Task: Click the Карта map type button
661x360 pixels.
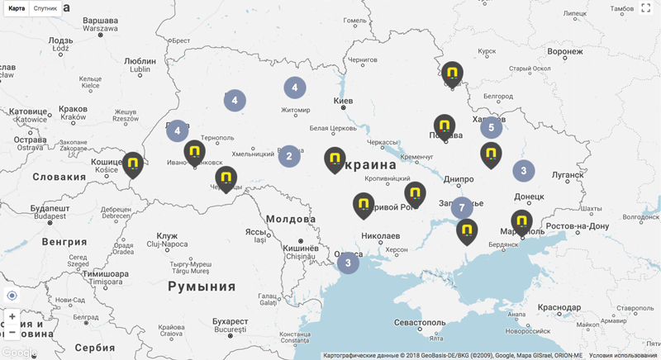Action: coord(17,8)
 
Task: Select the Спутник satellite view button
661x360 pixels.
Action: coord(45,8)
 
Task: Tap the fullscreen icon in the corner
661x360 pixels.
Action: coord(646,8)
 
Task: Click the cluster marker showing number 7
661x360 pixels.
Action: coord(462,208)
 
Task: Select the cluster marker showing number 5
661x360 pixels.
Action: coord(492,127)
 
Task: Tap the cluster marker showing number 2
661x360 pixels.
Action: coord(288,156)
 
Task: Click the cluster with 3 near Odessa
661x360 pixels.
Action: coord(348,263)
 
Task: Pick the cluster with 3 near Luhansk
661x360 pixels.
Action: coord(523,171)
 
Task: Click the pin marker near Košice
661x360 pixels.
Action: coord(133,163)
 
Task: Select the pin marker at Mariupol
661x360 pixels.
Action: coord(521,221)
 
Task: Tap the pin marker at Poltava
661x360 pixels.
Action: coord(445,126)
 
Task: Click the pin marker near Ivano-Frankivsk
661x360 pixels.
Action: coord(194,152)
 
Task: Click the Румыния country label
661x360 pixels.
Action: coord(202,287)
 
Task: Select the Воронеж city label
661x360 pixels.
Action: coord(570,51)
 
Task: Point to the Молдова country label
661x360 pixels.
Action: coord(291,219)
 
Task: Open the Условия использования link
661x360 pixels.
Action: coord(623,355)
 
